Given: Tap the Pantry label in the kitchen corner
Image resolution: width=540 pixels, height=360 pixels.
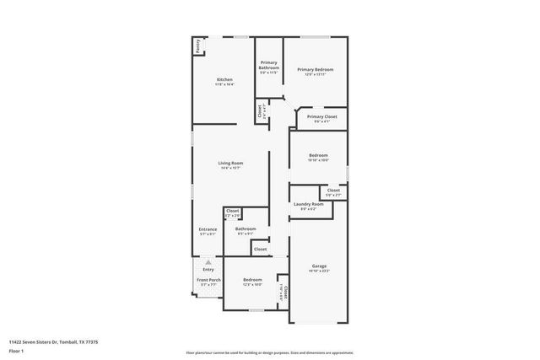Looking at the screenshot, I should pos(198,47).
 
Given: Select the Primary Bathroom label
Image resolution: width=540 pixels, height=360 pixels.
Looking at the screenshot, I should pos(269,64).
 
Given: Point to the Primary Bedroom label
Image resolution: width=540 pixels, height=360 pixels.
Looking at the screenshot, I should pos(315,69).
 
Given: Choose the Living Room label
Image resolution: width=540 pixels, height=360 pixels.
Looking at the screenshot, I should pos(230,163).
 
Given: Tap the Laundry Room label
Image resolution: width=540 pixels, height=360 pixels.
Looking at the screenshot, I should pos(308,205).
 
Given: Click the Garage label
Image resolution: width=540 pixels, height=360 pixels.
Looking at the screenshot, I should pos(319,266).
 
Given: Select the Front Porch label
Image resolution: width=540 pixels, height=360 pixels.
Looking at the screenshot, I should pos(208,280).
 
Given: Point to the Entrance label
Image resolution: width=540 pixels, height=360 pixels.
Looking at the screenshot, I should pos(208,229).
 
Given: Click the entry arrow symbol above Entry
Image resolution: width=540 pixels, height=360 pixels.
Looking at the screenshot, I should pos(208,262).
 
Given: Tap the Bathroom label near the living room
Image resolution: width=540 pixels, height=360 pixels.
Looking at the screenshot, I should pos(246,228).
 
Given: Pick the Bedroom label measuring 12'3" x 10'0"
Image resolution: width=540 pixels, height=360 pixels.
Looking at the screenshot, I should pos(253,280).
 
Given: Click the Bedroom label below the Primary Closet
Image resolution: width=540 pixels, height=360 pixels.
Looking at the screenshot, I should pos(318,156).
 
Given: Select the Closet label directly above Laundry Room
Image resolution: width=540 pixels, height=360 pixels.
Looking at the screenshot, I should pos(333,191).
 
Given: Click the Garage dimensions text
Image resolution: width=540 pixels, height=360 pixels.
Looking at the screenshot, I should pos(319,271).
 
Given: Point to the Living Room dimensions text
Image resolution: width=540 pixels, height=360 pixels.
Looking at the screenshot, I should pos(230,168).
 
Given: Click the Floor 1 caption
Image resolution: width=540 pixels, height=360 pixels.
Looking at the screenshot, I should pos(16,351).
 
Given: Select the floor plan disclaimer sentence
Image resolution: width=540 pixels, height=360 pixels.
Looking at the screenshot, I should pos(269,352).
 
